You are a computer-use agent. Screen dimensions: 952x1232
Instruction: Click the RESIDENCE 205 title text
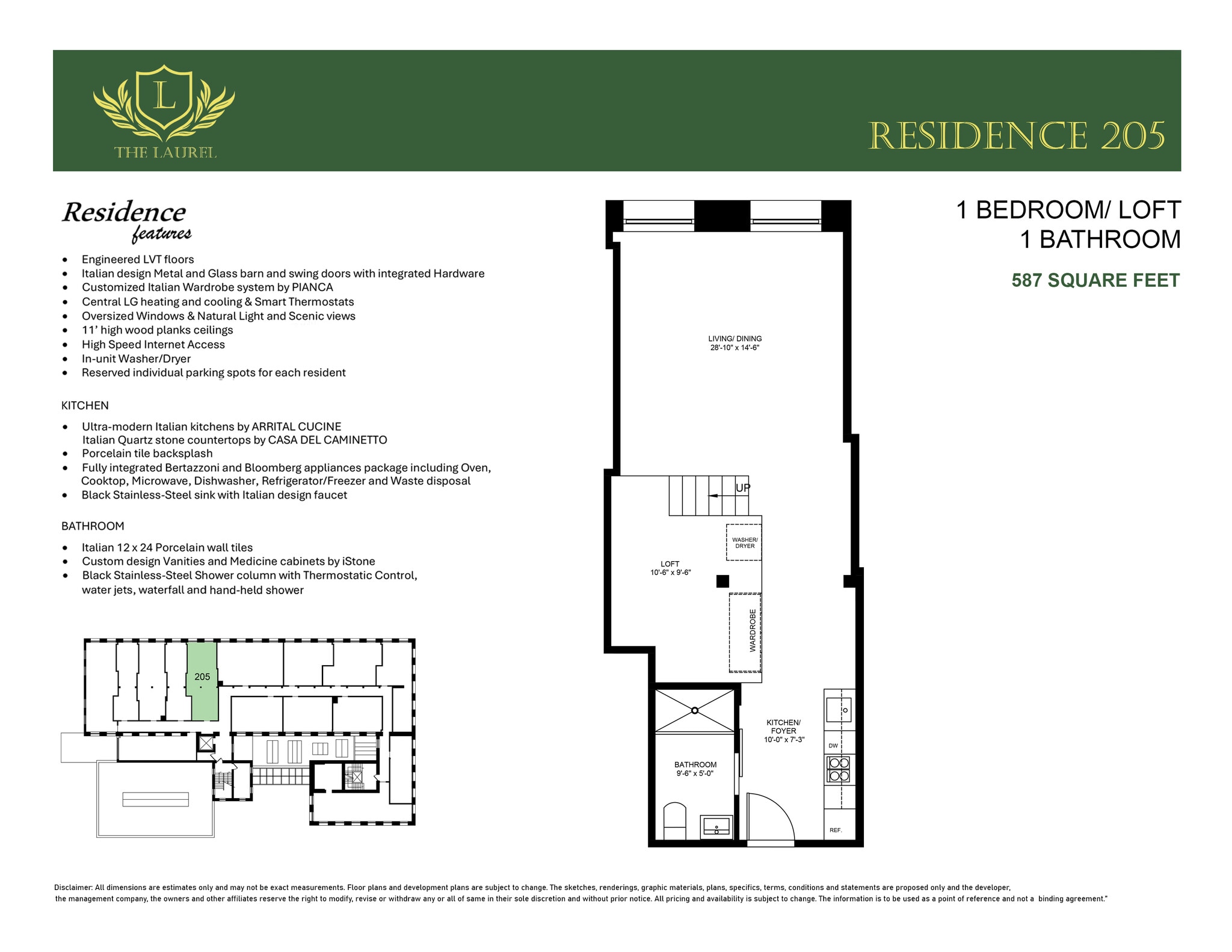[x=1017, y=136]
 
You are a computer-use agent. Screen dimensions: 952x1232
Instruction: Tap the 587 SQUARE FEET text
[x=1095, y=280]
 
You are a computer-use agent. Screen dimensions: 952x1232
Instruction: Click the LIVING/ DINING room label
[x=735, y=343]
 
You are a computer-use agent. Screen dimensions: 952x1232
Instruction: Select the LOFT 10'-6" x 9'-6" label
[x=670, y=568]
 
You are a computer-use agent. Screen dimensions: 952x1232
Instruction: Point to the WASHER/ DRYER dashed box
[x=744, y=542]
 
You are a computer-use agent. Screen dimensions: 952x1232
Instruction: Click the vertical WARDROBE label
[x=753, y=630]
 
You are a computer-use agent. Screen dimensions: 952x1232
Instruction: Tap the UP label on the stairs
[x=743, y=488]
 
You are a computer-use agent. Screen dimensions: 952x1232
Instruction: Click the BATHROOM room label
[x=695, y=769]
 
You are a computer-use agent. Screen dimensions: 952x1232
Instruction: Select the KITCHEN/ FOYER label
[x=783, y=731]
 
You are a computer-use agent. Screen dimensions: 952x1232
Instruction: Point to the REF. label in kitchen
[x=835, y=830]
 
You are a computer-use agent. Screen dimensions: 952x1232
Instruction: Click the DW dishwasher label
[x=833, y=746]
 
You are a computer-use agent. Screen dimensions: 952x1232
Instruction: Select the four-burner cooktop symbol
[x=839, y=770]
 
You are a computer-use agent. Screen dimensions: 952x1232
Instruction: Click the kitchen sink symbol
[x=838, y=710]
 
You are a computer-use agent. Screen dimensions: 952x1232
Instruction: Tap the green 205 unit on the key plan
[x=202, y=681]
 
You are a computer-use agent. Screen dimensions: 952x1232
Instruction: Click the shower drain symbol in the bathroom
[x=695, y=710]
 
